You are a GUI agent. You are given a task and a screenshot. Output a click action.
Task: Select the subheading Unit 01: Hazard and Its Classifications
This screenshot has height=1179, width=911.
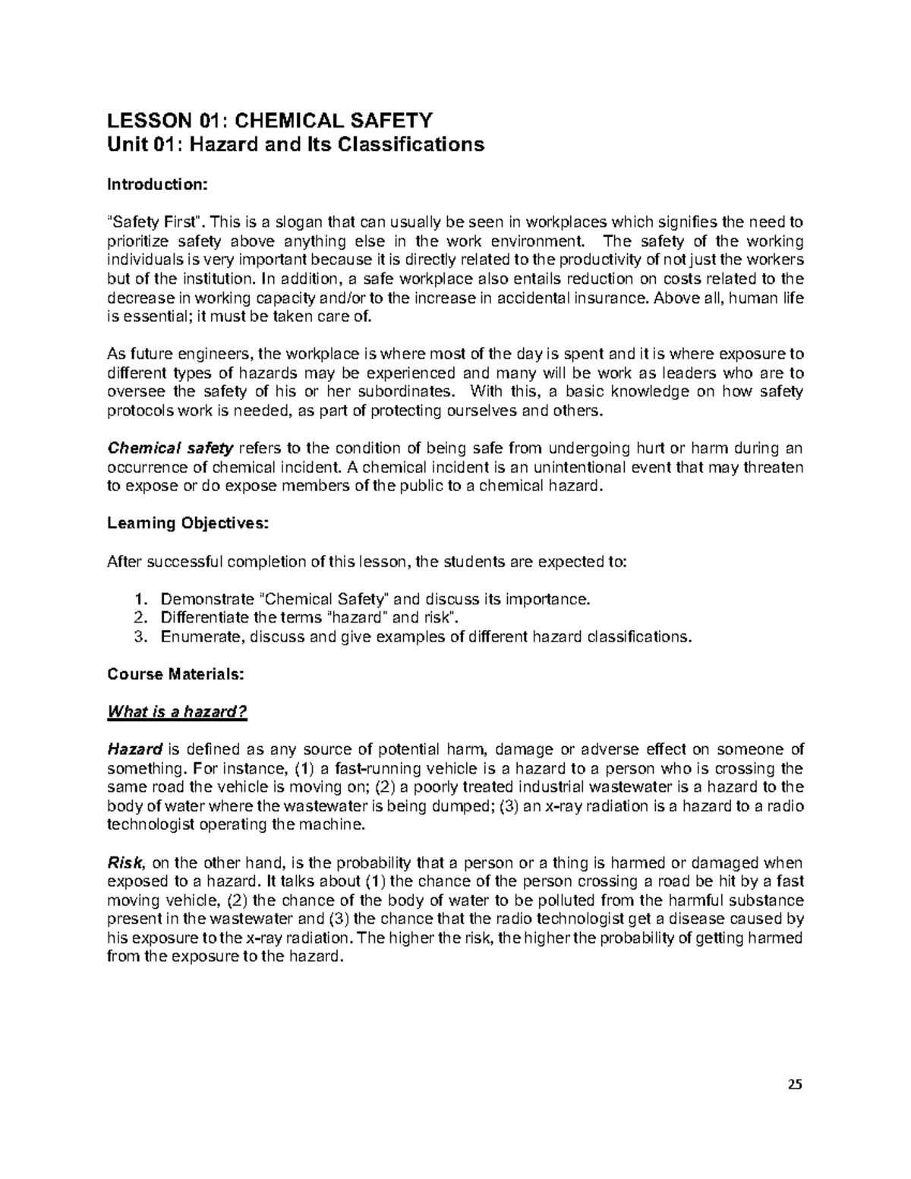tap(295, 144)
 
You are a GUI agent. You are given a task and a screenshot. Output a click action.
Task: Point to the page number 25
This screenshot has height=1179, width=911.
tap(794, 1083)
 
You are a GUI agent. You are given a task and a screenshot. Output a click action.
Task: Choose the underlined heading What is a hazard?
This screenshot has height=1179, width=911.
tap(178, 712)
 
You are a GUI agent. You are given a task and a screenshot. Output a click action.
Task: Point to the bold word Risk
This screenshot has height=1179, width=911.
tap(125, 863)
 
